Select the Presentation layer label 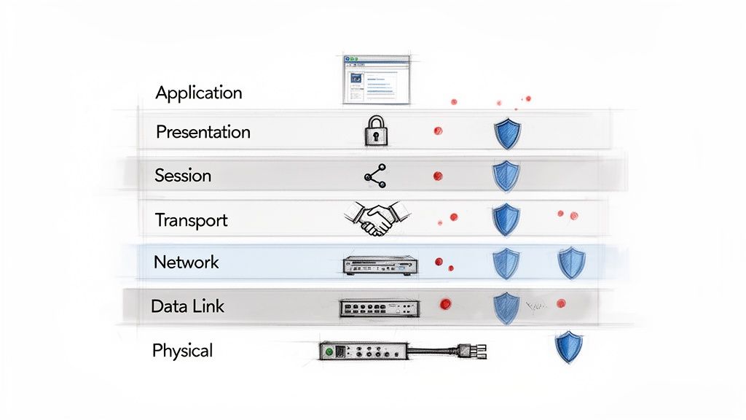click(x=203, y=132)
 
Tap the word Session click(x=183, y=176)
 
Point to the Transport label click(x=191, y=219)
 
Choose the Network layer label click(x=186, y=262)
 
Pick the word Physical click(x=182, y=351)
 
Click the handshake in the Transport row click(x=376, y=218)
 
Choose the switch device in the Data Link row click(x=380, y=307)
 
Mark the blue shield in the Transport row click(x=506, y=219)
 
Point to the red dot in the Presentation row click(x=438, y=131)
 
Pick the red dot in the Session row click(x=437, y=176)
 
